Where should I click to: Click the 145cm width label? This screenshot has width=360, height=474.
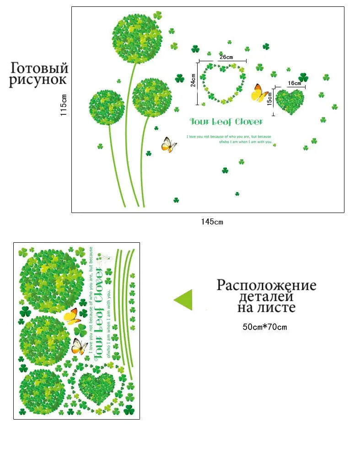(212, 222)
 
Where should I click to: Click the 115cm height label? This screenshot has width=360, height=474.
(64, 105)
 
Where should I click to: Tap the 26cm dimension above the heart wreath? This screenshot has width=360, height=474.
(226, 57)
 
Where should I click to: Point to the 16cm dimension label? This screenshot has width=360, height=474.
(294, 83)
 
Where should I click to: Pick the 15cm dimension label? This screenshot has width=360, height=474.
(270, 98)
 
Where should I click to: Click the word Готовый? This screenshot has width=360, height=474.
(39, 68)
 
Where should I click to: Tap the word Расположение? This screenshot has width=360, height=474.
(266, 285)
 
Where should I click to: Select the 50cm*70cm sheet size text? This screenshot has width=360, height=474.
(265, 327)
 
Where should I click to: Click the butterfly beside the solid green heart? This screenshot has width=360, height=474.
(259, 93)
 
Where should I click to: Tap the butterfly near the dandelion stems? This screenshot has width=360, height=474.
(169, 144)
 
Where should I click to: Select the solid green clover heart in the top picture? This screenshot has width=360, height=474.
(290, 101)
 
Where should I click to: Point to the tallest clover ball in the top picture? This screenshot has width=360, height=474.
(138, 38)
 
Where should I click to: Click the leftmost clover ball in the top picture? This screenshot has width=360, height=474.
(107, 107)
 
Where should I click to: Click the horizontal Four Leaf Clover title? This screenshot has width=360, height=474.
(226, 122)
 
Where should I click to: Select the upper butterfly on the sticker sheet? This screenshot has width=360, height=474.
(72, 316)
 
